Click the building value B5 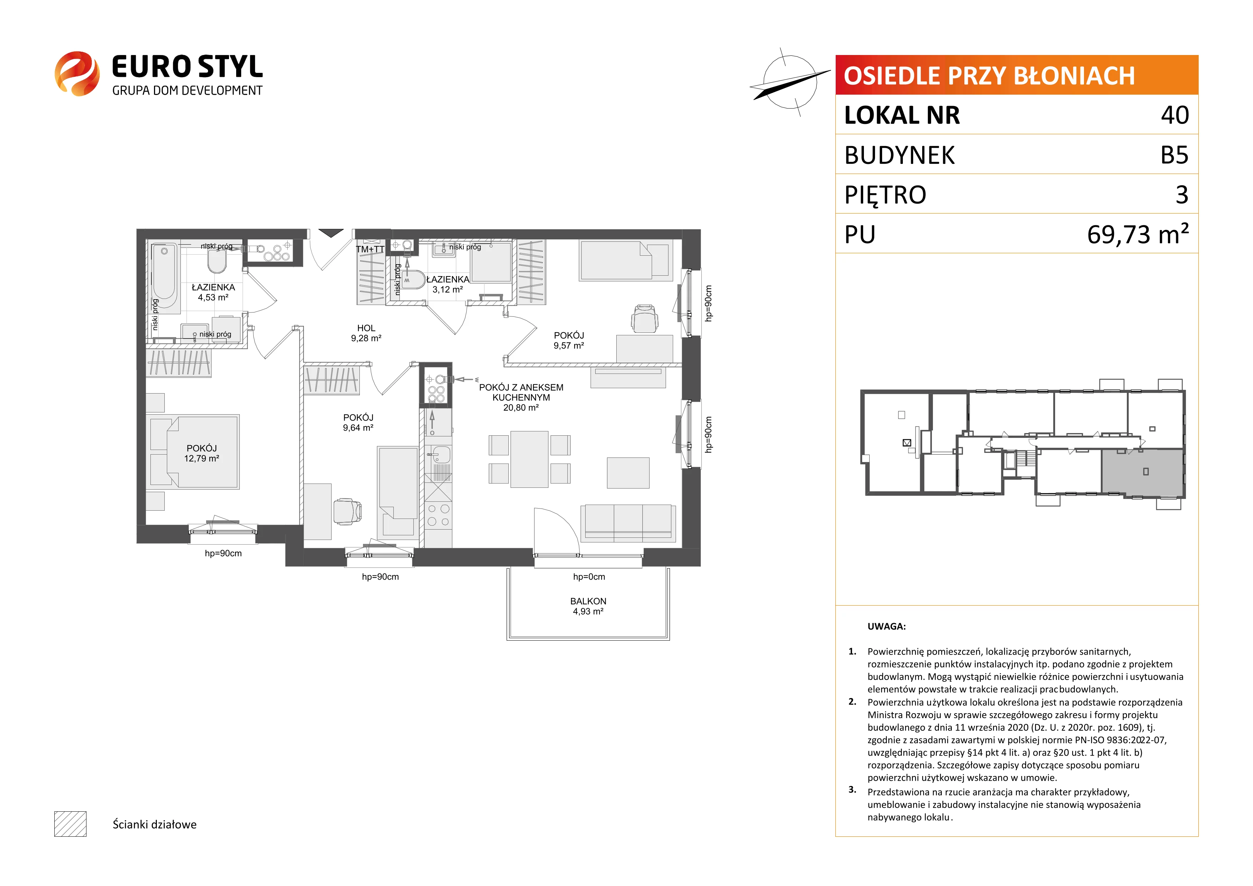1174,155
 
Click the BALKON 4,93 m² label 588,606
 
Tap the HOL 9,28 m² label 366,333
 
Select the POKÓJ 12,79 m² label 202,454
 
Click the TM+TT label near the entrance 370,249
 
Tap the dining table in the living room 529,459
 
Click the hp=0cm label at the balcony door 589,577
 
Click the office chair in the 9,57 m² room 645,319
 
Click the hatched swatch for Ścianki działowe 70,824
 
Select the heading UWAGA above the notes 886,626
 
